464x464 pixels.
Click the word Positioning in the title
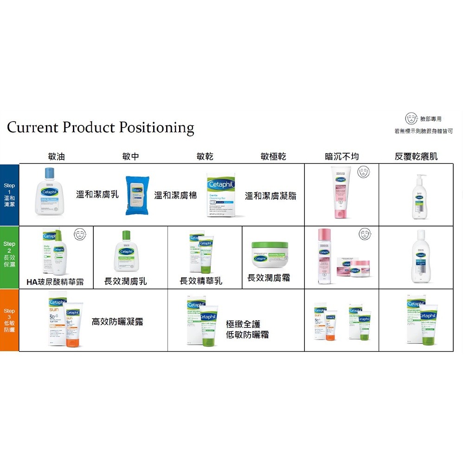pos(156,128)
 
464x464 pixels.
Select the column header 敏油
pos(57,157)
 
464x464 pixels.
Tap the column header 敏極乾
pos(273,157)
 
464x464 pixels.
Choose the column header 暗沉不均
pos(342,157)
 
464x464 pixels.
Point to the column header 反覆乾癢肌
pos(416,157)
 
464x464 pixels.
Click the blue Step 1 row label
pos(9,195)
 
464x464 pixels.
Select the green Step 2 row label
pos(9,257)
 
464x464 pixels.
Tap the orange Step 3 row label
pos(9,320)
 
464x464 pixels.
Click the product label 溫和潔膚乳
pos(97,195)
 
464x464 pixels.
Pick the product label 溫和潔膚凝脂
pos(271,196)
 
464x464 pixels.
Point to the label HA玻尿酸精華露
pos(55,282)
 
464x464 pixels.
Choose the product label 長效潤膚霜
pos(269,278)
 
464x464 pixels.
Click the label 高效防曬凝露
pos(117,322)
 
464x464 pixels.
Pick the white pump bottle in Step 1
pos(420,197)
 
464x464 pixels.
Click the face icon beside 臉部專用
pos(411,119)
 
